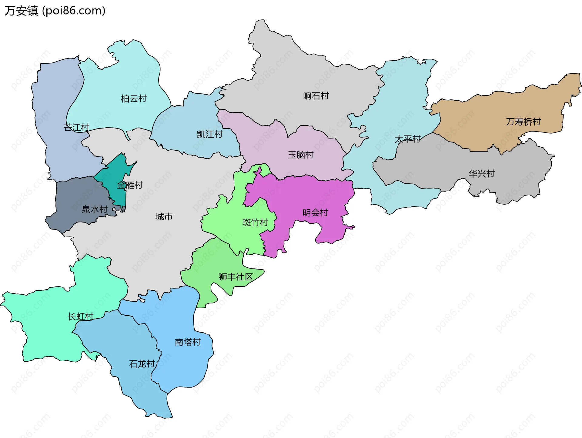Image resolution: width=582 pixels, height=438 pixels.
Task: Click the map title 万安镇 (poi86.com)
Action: (55, 11)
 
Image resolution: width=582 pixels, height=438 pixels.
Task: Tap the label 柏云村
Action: (134, 99)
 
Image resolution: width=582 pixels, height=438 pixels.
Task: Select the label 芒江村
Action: (76, 127)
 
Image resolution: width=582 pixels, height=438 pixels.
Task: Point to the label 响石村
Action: (316, 96)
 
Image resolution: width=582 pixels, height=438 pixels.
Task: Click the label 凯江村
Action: (210, 134)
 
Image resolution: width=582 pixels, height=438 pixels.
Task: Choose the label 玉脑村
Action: (300, 155)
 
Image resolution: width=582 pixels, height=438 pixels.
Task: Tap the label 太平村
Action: (407, 139)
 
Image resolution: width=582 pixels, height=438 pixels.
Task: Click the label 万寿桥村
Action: (523, 122)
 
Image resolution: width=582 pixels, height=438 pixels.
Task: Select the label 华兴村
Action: (482, 173)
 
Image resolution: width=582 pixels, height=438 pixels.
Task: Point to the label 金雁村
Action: (130, 185)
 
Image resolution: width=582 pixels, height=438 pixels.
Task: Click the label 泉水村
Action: (95, 209)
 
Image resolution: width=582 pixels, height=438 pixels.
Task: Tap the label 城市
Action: (164, 216)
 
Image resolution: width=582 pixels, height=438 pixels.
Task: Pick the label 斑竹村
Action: (255, 222)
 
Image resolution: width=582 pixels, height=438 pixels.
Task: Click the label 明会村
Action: (315, 212)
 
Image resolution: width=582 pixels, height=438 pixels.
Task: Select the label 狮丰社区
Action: (236, 276)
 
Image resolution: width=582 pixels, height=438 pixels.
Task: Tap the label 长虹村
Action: (80, 316)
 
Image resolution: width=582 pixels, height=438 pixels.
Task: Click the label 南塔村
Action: (188, 342)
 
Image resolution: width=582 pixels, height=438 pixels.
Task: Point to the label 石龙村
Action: (142, 363)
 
